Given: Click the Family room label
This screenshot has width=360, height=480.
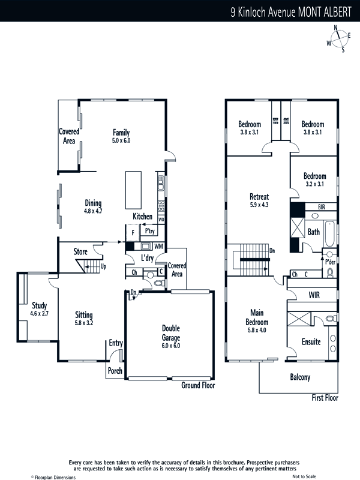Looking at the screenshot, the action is click(x=121, y=133).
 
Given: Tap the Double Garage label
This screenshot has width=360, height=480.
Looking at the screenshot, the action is click(x=171, y=333).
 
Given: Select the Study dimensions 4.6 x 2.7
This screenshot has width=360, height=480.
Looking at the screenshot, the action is click(x=39, y=313).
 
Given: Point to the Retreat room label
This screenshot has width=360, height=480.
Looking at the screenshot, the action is click(x=259, y=197).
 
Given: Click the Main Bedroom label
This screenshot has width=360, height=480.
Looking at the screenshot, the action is click(x=257, y=317).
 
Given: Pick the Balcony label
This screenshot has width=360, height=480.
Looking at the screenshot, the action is click(x=300, y=377).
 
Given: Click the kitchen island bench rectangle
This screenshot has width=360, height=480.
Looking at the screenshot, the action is click(x=133, y=190).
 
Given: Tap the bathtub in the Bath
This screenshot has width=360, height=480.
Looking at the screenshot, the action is click(x=329, y=233).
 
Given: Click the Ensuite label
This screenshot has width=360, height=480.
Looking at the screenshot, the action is click(x=311, y=341).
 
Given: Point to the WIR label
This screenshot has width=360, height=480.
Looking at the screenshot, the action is click(x=314, y=295).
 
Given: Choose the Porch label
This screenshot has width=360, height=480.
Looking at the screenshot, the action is click(x=115, y=371).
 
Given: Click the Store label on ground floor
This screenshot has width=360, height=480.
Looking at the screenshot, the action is click(x=80, y=251).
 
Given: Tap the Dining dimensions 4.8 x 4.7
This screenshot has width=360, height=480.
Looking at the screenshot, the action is click(x=93, y=211).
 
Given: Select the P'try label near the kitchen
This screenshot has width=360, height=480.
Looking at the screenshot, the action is click(x=149, y=231).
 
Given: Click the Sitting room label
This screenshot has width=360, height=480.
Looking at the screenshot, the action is click(x=84, y=315).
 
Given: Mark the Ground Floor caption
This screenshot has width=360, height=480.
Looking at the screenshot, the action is click(x=198, y=385).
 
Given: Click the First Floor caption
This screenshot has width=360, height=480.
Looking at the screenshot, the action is click(x=325, y=398).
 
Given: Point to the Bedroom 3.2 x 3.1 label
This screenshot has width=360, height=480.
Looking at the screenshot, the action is click(x=314, y=179).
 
